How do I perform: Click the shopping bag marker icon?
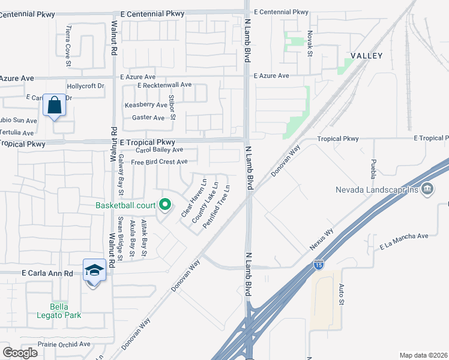point(55,106)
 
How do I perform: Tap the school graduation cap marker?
point(94,271)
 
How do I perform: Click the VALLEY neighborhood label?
point(367,56)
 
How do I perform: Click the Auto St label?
point(340,295)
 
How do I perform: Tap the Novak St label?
point(310,43)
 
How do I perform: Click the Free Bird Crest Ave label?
point(159,162)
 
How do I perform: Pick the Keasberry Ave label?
point(145,105)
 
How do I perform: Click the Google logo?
point(20,352)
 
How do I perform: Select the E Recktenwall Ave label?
point(164,85)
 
